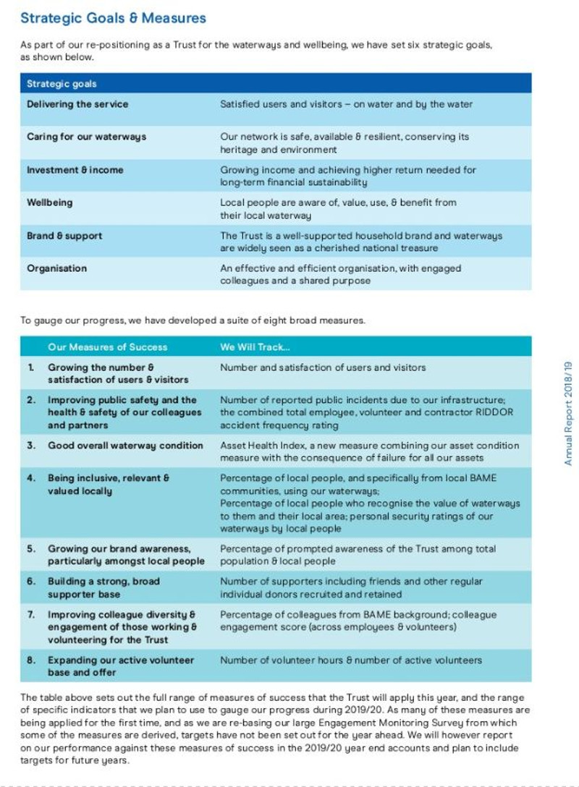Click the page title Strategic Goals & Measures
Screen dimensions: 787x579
click(x=113, y=19)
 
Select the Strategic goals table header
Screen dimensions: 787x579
click(x=62, y=84)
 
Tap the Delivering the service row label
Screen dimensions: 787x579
click(x=77, y=104)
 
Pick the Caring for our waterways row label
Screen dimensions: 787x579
click(x=86, y=137)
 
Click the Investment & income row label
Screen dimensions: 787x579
click(x=75, y=170)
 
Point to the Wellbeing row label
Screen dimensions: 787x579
click(x=50, y=203)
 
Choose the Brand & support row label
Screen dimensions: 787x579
click(x=64, y=236)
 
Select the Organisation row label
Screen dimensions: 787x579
click(x=56, y=268)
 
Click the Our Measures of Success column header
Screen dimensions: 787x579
click(x=107, y=347)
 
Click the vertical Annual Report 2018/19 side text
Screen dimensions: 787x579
click(x=568, y=413)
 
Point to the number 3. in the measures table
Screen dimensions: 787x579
click(x=31, y=446)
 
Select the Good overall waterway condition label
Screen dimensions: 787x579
click(x=125, y=446)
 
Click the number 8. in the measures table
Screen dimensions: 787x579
click(x=31, y=660)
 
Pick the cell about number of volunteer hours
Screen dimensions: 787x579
click(x=350, y=660)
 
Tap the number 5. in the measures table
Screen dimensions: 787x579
click(x=31, y=548)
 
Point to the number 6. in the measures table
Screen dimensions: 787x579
click(x=31, y=582)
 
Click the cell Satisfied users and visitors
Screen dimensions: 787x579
click(x=346, y=104)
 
